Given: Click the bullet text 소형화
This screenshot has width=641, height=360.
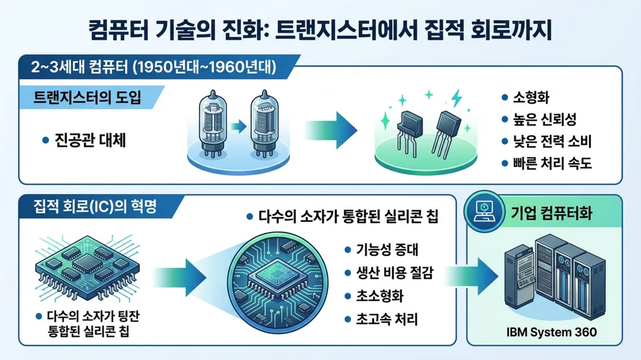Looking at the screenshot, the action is pyautogui.click(x=531, y=98).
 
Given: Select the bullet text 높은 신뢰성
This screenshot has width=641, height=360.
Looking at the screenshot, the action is pyautogui.click(x=544, y=120).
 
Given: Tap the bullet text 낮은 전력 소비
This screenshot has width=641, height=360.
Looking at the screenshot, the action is pyautogui.click(x=553, y=142).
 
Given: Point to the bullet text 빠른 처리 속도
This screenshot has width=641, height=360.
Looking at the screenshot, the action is pyautogui.click(x=553, y=164).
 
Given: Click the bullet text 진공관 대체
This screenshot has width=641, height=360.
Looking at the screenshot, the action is pyautogui.click(x=90, y=140).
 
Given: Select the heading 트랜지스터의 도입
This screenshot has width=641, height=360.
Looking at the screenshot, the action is pyautogui.click(x=87, y=98).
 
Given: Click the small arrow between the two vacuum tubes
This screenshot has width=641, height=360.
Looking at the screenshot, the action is pyautogui.click(x=239, y=127).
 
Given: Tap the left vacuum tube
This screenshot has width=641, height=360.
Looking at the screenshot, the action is pyautogui.click(x=212, y=123).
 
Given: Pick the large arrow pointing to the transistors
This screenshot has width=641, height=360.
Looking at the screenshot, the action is pyautogui.click(x=331, y=130).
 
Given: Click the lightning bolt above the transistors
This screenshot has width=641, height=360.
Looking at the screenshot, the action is pyautogui.click(x=456, y=98).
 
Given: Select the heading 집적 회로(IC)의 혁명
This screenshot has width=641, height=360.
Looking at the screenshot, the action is pyautogui.click(x=95, y=206).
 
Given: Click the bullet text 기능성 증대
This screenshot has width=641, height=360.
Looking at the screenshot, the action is pyautogui.click(x=387, y=249).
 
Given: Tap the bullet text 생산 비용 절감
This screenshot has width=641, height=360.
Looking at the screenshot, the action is pyautogui.click(x=395, y=273).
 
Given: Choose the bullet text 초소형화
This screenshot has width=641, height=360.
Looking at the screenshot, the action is pyautogui.click(x=380, y=296).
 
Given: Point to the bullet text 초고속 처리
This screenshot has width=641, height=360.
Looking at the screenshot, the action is pyautogui.click(x=387, y=319).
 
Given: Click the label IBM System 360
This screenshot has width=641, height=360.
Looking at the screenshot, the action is pyautogui.click(x=551, y=332).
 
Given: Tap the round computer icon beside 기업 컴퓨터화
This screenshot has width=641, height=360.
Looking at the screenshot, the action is pyautogui.click(x=485, y=212).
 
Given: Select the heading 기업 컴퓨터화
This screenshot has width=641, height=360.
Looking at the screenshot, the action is pyautogui.click(x=551, y=213).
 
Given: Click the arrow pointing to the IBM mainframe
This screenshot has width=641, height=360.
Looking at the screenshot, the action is pyautogui.click(x=471, y=276).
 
